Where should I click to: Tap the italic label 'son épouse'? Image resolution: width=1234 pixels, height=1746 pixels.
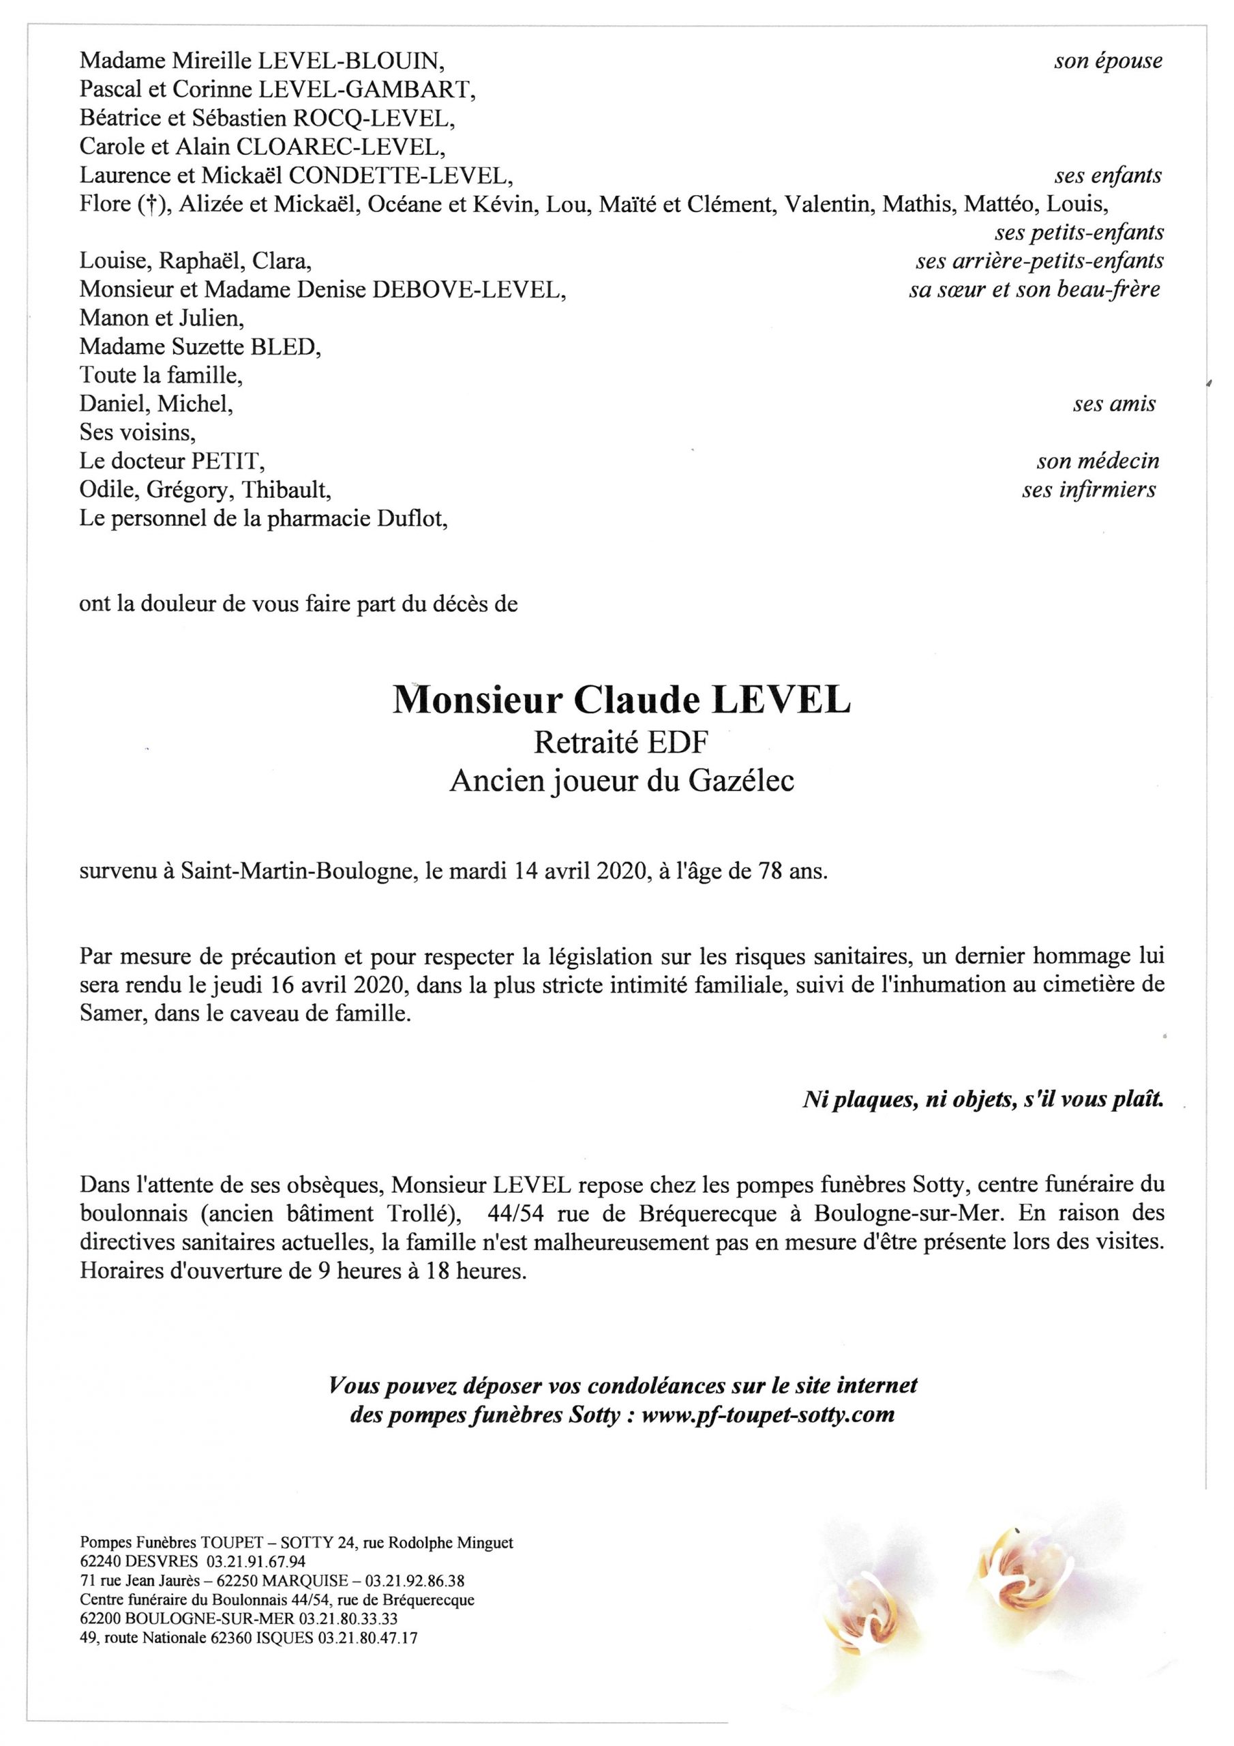(x=1107, y=61)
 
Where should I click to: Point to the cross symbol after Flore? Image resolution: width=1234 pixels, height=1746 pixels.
(x=152, y=205)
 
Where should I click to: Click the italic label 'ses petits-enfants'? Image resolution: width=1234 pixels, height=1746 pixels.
(x=1078, y=233)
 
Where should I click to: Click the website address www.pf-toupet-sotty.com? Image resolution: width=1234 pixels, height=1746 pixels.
(x=768, y=1415)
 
